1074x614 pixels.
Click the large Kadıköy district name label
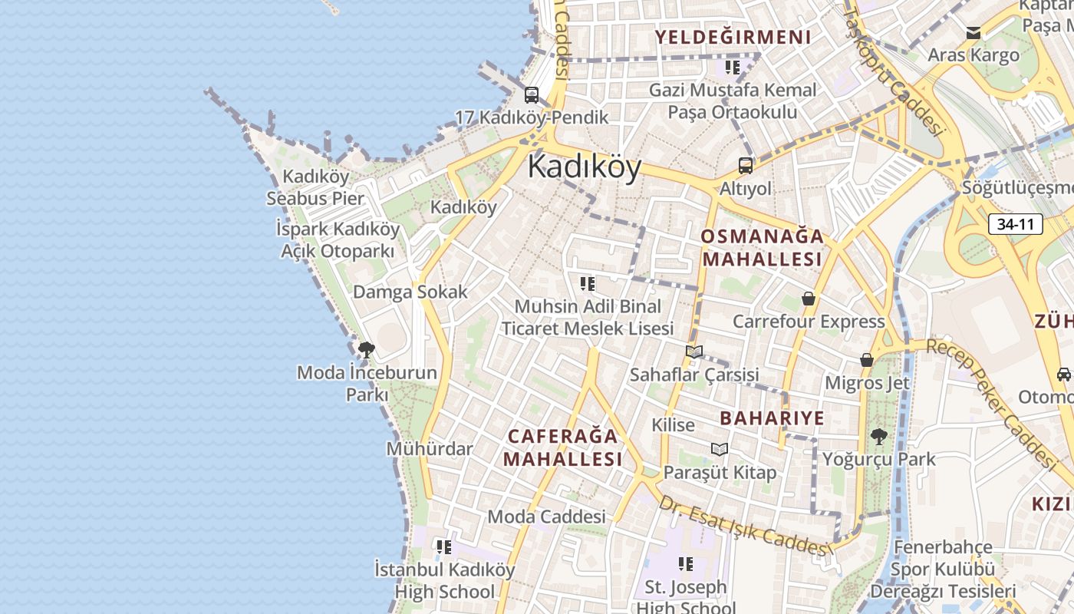coord(585,167)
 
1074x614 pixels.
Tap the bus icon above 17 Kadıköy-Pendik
coord(531,95)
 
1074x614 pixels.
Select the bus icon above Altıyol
coord(745,165)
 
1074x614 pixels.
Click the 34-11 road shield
coord(1015,225)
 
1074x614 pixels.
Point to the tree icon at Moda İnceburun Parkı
coord(367,350)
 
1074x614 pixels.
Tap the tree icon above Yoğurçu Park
coord(878,437)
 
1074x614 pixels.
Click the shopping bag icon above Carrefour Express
coord(808,299)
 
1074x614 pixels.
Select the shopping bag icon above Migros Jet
coord(867,360)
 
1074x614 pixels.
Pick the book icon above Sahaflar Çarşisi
coord(694,352)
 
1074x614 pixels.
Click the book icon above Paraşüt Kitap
coord(719,449)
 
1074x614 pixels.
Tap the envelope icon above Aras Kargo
coord(974,33)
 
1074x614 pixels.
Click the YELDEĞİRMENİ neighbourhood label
coord(733,37)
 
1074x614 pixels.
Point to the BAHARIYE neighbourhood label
coord(772,418)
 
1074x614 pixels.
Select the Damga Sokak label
coord(410,292)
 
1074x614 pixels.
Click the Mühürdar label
coord(430,448)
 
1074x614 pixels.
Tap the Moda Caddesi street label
coord(546,517)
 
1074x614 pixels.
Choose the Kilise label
coord(673,424)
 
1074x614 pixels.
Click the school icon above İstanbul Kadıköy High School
coord(444,547)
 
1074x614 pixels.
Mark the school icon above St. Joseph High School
coord(686,564)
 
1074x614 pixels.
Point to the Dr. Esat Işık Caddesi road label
coord(744,528)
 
